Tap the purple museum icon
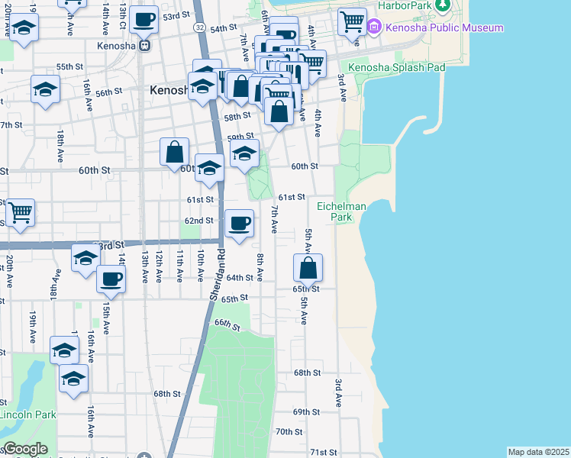tap(374, 28)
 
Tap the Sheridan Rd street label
tap(216, 273)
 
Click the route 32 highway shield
tap(198, 27)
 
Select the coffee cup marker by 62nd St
tap(240, 223)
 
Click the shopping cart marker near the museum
tap(352, 21)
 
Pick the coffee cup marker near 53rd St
tap(144, 20)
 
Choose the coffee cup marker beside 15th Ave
tap(111, 279)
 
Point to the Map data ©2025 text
tap(538, 452)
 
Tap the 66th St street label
tap(227, 325)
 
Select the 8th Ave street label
tap(260, 266)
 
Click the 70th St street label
tap(289, 431)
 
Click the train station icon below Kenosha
tap(144, 44)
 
